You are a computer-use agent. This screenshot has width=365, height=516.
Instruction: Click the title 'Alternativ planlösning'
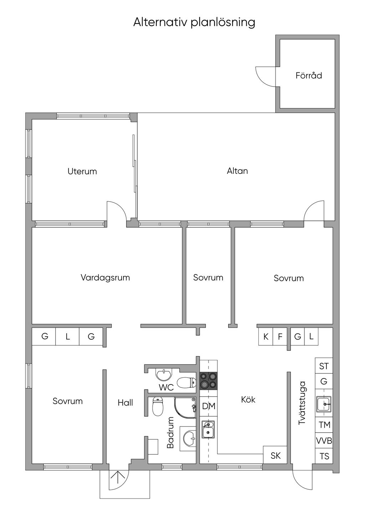click(194, 23)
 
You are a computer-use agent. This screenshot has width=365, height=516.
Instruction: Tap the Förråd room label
click(309, 75)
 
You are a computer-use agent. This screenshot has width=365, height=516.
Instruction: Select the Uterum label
click(82, 171)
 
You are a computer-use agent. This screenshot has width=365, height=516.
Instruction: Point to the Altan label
click(237, 171)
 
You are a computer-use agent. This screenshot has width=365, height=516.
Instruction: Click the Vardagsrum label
click(105, 278)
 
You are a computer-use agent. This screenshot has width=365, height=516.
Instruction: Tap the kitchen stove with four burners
click(209, 381)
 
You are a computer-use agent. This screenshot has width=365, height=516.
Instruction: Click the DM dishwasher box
click(209, 406)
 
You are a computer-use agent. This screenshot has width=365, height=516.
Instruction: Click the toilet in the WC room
click(186, 383)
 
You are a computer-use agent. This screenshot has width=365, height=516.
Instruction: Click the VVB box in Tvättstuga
click(324, 441)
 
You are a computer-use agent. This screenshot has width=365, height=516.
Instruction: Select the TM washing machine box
click(324, 425)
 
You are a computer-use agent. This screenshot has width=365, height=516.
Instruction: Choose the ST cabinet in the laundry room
click(324, 366)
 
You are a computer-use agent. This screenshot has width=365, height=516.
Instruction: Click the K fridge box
click(266, 336)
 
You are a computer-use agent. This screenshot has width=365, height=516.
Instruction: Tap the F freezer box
click(280, 336)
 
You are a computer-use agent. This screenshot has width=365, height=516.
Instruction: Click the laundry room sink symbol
click(324, 404)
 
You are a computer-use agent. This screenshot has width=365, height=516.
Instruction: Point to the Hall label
click(125, 403)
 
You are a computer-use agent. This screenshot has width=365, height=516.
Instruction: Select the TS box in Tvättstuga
click(324, 456)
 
